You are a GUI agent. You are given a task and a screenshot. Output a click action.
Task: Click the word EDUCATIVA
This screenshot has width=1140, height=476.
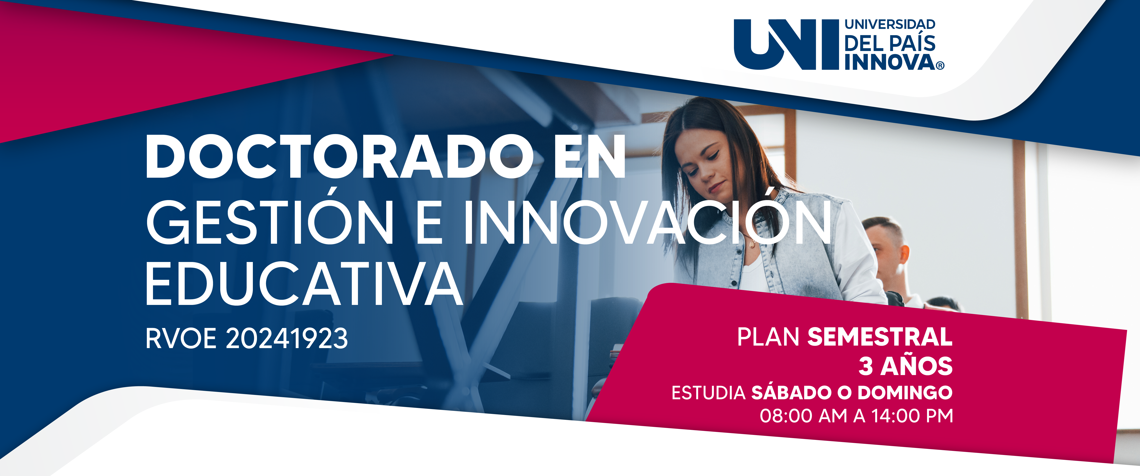304,284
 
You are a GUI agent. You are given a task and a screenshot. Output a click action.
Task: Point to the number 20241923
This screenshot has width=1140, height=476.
287,338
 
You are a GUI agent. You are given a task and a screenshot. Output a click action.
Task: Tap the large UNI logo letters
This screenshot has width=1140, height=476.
786,44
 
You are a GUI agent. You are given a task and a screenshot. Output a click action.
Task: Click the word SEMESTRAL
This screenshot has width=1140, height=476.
880,337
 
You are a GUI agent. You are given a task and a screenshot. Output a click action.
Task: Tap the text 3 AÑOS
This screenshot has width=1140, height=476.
905,366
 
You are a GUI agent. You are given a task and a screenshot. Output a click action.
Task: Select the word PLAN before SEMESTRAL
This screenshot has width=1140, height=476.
768,337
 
